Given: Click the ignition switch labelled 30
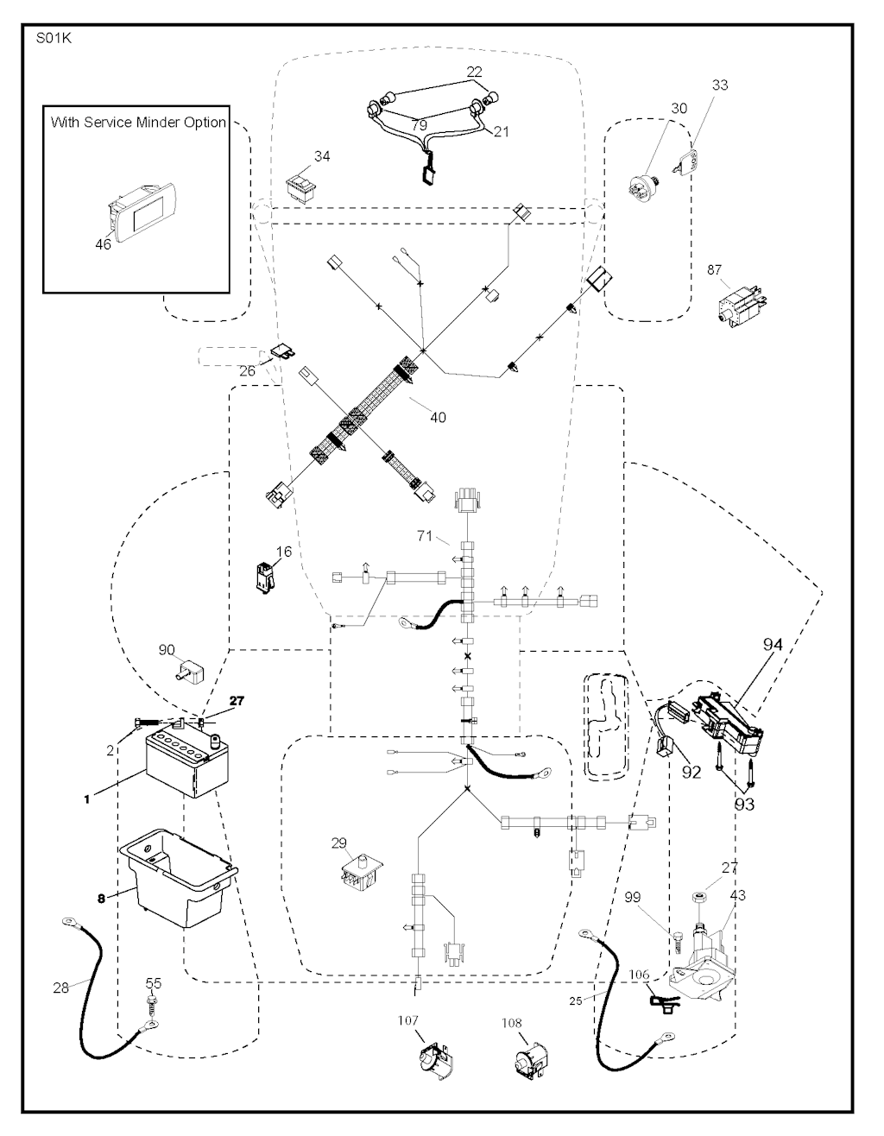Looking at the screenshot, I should coord(646,184).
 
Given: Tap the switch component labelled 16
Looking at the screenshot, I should coord(262,577).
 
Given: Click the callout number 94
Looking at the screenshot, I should coord(772,644).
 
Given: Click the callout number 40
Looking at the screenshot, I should coord(437,417).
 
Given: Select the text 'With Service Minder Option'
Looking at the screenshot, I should coord(138,122).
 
